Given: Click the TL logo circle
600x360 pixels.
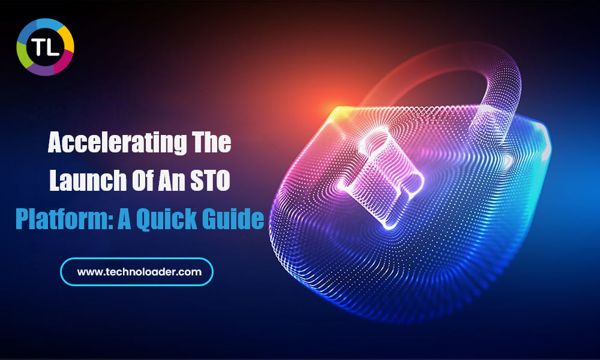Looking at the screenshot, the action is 45,47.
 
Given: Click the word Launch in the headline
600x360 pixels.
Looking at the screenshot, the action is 88,180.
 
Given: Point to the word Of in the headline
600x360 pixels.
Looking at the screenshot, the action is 142,180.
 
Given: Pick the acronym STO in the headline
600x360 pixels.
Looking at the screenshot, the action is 210,181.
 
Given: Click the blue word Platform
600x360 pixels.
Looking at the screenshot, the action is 64,218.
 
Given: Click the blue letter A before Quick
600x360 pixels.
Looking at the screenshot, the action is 124,219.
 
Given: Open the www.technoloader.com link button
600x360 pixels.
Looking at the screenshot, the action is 137,272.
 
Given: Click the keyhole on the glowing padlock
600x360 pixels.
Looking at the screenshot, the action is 381,176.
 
